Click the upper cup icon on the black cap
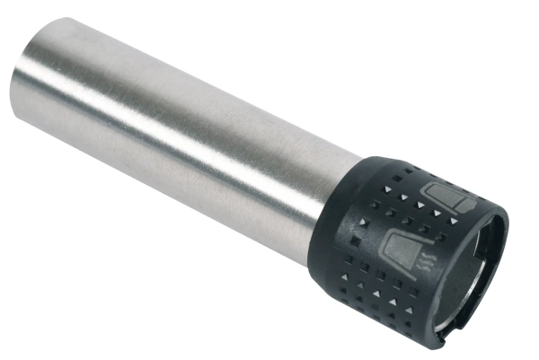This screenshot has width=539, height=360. pyautogui.click(x=439, y=198)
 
